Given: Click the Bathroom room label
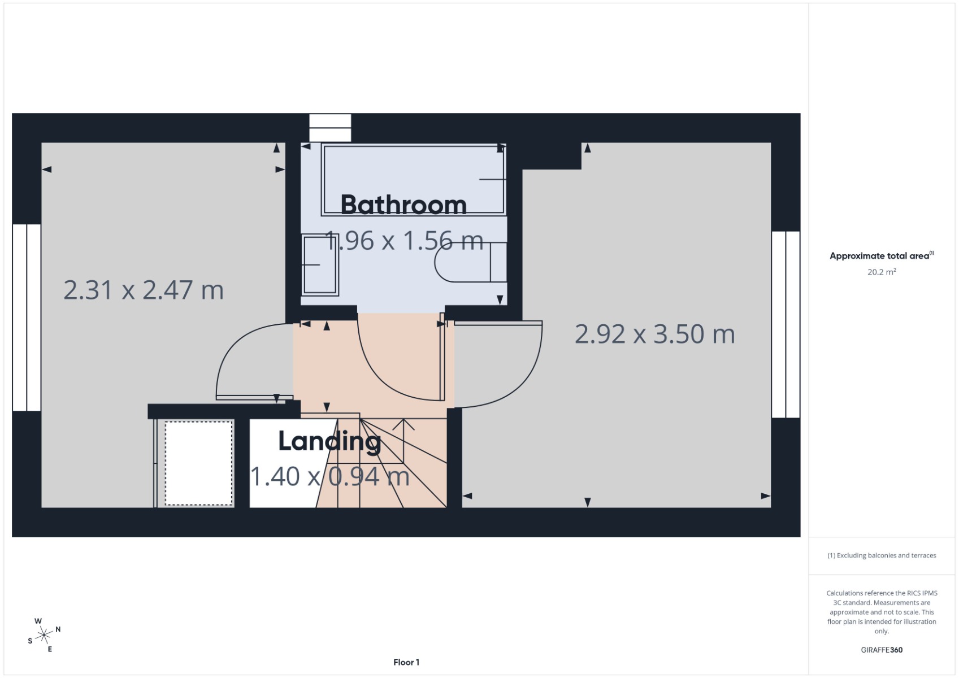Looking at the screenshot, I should [x=403, y=205].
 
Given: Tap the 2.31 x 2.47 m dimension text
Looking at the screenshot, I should [x=144, y=290].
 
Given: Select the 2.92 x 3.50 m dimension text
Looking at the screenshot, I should [x=654, y=334].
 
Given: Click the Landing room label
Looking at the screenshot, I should [x=329, y=441].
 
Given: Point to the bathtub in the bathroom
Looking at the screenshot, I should [x=413, y=180].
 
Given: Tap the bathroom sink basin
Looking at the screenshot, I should [x=320, y=266].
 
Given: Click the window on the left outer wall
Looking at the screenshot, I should [x=27, y=318].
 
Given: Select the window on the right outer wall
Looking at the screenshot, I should [x=786, y=324].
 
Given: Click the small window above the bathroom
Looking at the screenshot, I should [x=330, y=128].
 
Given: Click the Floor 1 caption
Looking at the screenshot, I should [x=406, y=662].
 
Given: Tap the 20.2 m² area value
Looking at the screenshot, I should [x=882, y=272].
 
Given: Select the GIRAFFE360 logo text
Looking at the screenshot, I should [x=882, y=650].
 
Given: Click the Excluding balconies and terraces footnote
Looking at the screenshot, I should [x=882, y=555].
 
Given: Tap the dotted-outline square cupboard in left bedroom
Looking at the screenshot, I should [x=199, y=463].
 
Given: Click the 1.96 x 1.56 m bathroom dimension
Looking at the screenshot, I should [x=405, y=241].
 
